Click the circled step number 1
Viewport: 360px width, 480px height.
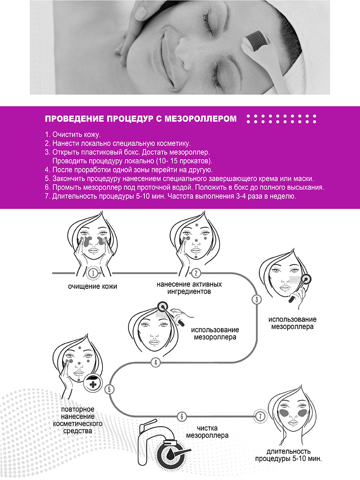pos(93,273)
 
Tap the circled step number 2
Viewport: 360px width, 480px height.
pos(196,273)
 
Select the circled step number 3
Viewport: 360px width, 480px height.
pos(257,299)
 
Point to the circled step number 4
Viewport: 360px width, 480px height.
pos(156,363)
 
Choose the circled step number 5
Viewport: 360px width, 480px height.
pos(110,390)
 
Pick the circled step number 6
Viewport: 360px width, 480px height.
pos(182,416)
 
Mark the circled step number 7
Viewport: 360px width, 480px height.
pos(260,416)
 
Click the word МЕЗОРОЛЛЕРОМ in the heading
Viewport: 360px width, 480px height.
pos(200,118)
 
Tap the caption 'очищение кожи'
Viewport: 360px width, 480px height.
pos(92,286)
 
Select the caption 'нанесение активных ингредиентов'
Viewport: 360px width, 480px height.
pos(189,288)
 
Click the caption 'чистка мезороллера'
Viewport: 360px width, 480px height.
pos(207,432)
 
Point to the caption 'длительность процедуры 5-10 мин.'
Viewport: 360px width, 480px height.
pos(288,455)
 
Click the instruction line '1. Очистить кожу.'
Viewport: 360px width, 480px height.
pos(73,134)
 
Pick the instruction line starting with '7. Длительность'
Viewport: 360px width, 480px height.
pos(170,196)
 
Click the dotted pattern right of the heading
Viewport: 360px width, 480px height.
pos(282,119)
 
